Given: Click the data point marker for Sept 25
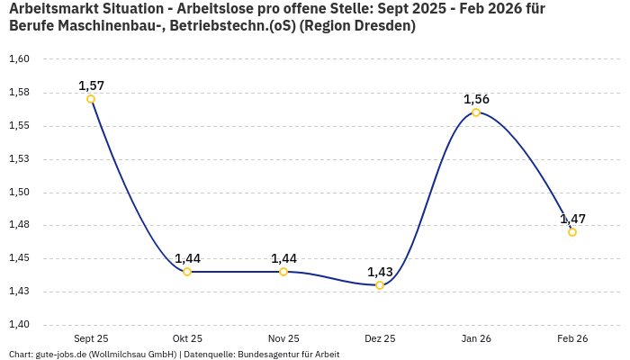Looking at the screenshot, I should (x=91, y=99).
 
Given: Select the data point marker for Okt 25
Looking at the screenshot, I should (x=187, y=272).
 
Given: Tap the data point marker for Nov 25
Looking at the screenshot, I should (x=283, y=272).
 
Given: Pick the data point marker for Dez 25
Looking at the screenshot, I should (x=380, y=285).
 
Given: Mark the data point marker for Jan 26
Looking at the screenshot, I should (x=476, y=112).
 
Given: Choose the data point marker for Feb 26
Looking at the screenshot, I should (x=572, y=232).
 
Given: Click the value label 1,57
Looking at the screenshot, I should (x=91, y=85).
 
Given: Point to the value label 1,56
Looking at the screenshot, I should (x=476, y=99).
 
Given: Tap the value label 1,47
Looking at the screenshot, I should (x=572, y=219).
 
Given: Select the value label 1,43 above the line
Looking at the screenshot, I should (x=380, y=272).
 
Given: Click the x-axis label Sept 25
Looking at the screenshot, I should (x=91, y=338).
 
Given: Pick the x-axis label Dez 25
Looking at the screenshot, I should (x=380, y=338).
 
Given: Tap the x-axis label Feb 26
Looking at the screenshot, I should (x=572, y=338).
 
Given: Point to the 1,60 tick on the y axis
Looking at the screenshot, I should (x=19, y=59).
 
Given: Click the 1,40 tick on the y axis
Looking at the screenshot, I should (x=19, y=325).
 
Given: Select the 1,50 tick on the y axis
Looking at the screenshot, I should (x=19, y=193).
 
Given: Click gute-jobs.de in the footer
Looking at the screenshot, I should (x=61, y=355).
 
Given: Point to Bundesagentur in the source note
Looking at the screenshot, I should (x=264, y=355).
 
